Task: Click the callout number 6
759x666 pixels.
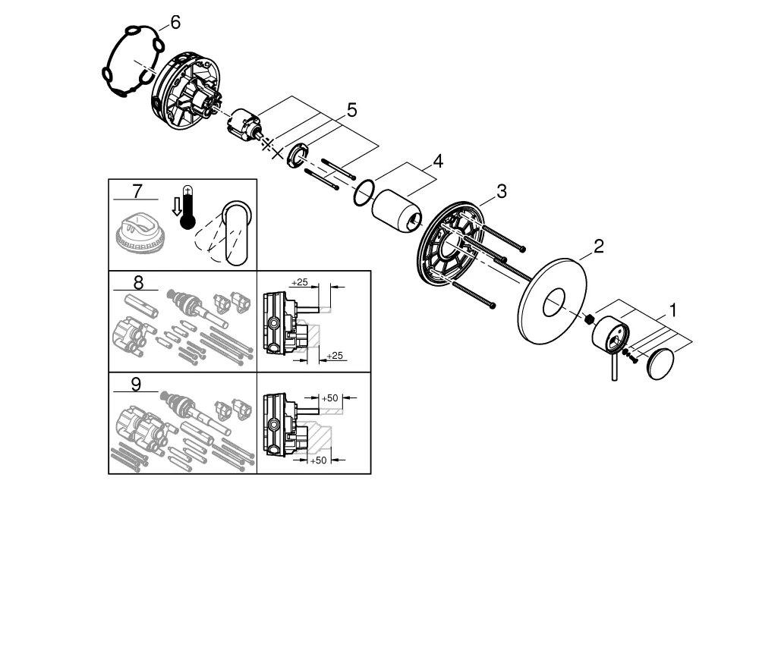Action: pyautogui.click(x=175, y=23)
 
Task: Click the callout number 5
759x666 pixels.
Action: pyautogui.click(x=351, y=111)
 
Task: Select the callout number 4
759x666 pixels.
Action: pyautogui.click(x=437, y=162)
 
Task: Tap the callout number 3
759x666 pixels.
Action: pyautogui.click(x=501, y=192)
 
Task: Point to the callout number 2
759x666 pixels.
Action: pyautogui.click(x=599, y=247)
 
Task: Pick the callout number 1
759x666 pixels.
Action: pyautogui.click(x=672, y=310)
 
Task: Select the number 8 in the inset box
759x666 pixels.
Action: pyautogui.click(x=137, y=282)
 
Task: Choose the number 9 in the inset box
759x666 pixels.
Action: pyautogui.click(x=136, y=384)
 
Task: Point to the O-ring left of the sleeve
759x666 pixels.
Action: pyautogui.click(x=364, y=193)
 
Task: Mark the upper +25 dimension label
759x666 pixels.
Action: pyautogui.click(x=300, y=282)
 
